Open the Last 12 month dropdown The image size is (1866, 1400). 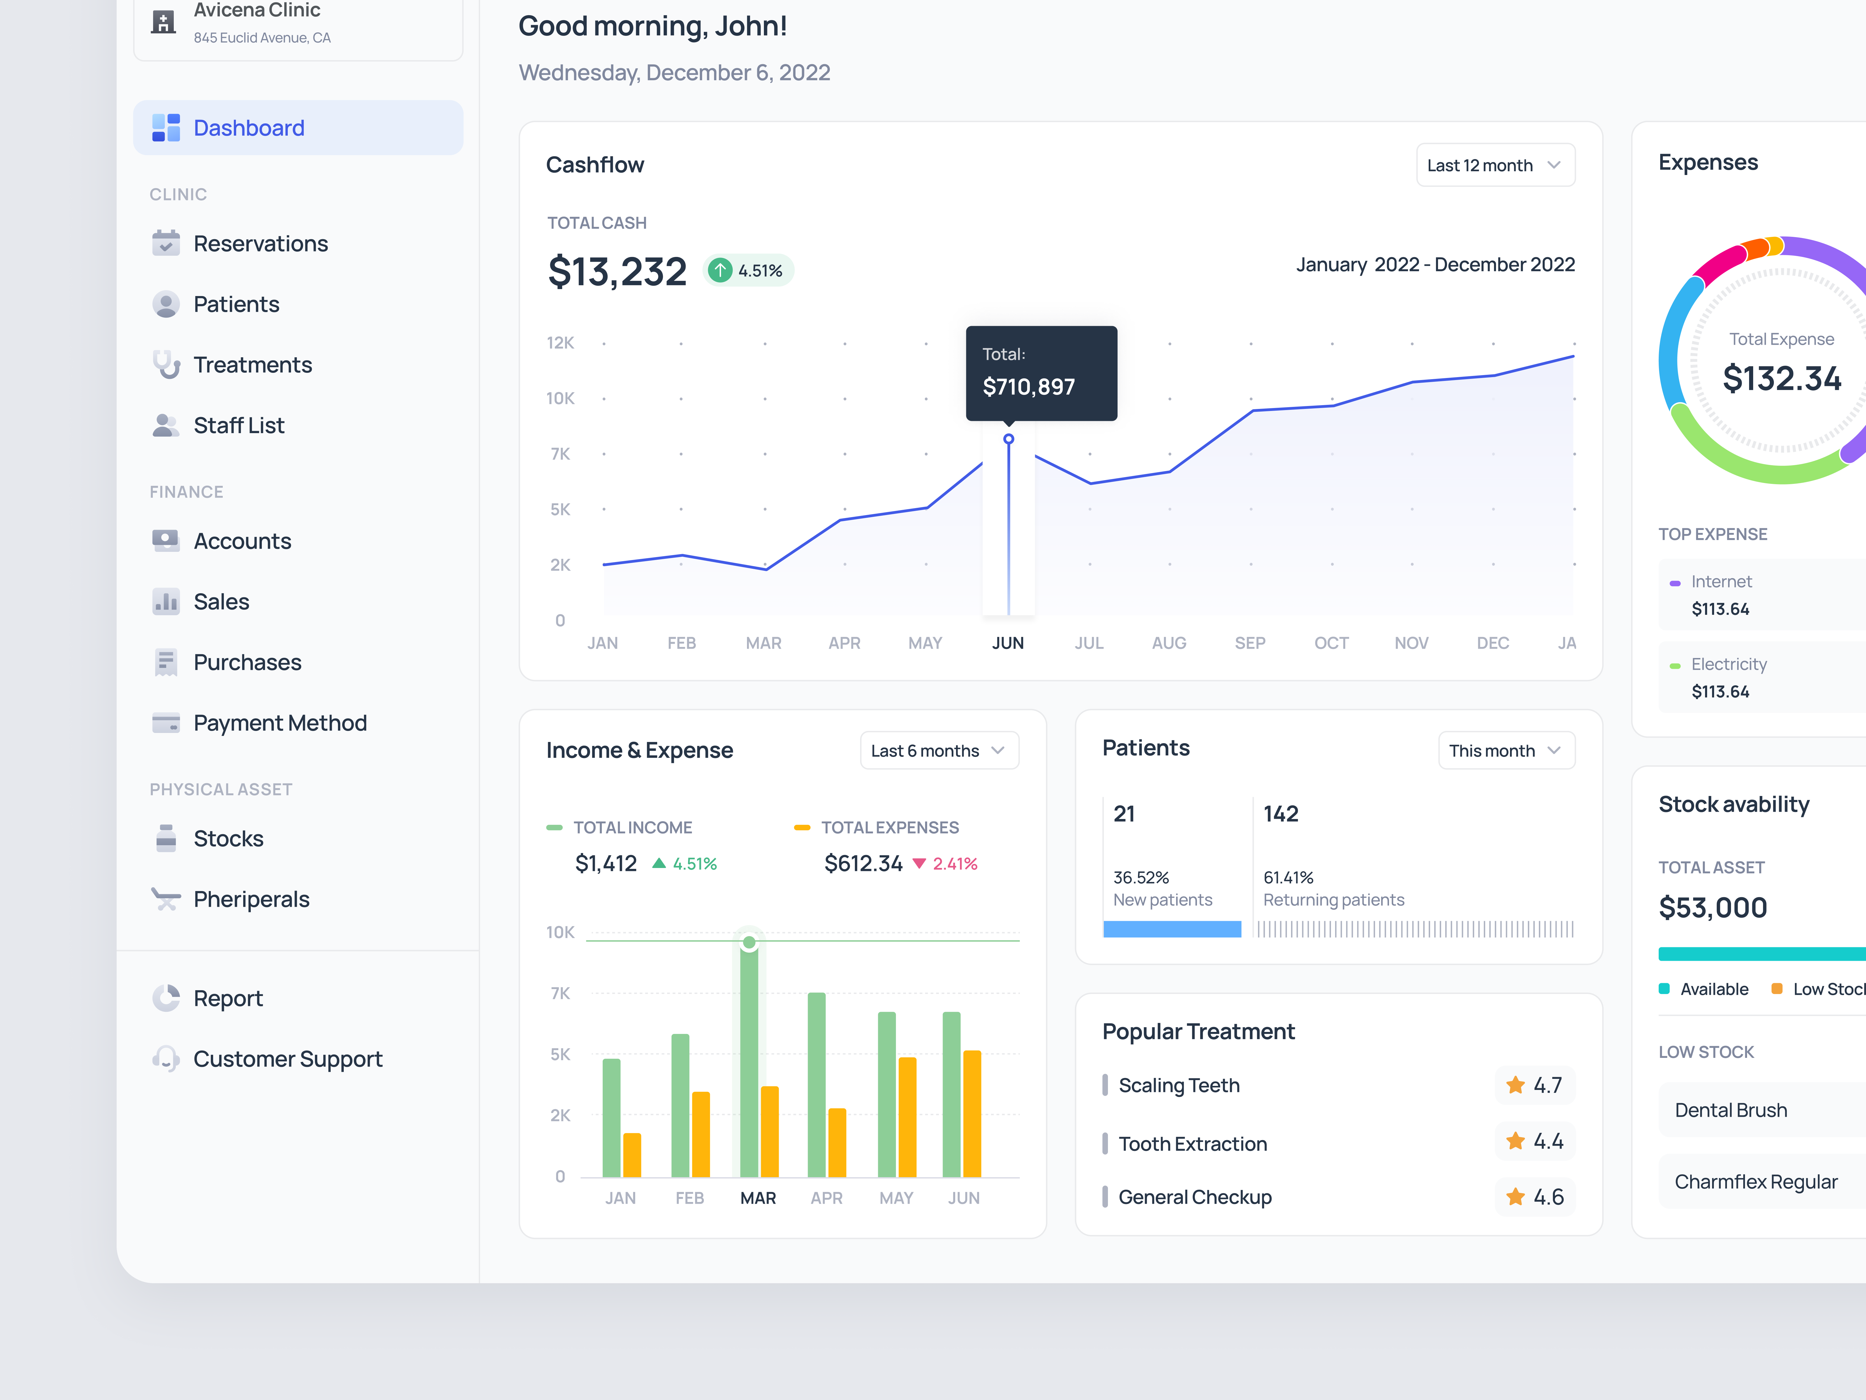pyautogui.click(x=1494, y=165)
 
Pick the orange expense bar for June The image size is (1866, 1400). pyautogui.click(x=972, y=1114)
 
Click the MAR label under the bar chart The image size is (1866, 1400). pyautogui.click(x=757, y=1198)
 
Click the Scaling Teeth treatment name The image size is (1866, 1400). pyautogui.click(x=1178, y=1086)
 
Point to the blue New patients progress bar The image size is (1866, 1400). pyautogui.click(x=1172, y=929)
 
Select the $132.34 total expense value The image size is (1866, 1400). pyautogui.click(x=1781, y=379)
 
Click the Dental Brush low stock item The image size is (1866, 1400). pyautogui.click(x=1730, y=1111)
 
